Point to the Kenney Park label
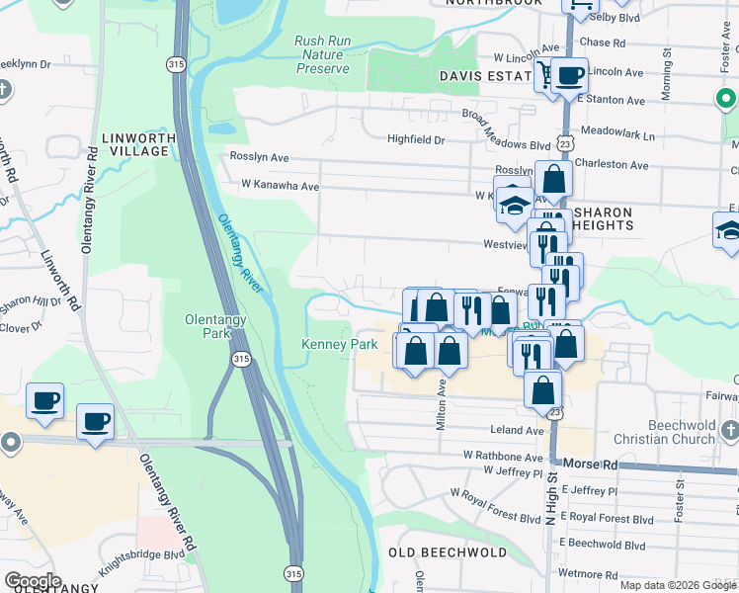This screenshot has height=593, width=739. pyautogui.click(x=339, y=345)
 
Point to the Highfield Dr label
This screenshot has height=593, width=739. pyautogui.click(x=416, y=140)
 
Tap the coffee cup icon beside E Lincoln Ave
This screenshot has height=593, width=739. pyautogui.click(x=569, y=75)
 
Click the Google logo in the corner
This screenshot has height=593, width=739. pyautogui.click(x=32, y=581)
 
